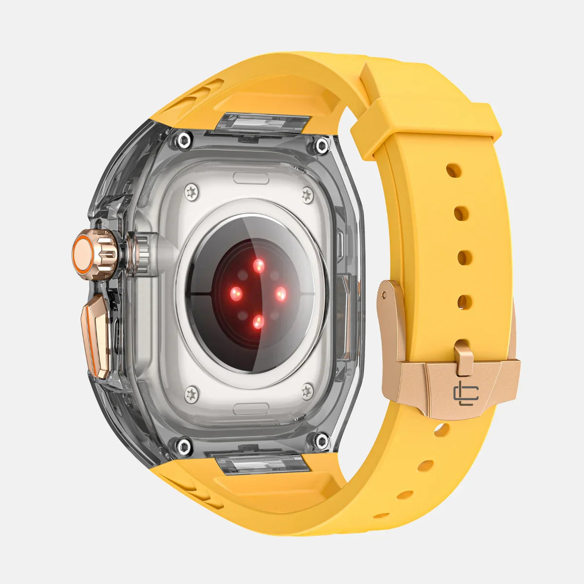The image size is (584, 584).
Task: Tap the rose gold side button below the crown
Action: pyautogui.click(x=99, y=336)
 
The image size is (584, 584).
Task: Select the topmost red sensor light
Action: pyautogui.click(x=259, y=265)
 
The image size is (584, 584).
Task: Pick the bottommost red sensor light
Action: pyautogui.click(x=259, y=321)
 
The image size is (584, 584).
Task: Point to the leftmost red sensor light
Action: pyautogui.click(x=237, y=293)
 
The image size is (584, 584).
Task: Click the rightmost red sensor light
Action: pyautogui.click(x=281, y=293)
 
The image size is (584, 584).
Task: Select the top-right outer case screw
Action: pyautogui.click(x=322, y=145)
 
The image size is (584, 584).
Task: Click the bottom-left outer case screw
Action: pyautogui.click(x=184, y=444)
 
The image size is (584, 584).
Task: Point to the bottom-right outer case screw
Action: pyautogui.click(x=322, y=441)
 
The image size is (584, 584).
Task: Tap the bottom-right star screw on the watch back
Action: pyautogui.click(x=308, y=390)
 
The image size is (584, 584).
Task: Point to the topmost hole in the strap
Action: pyautogui.click(x=453, y=170)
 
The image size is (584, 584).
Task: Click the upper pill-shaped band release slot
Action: pyautogui.click(x=251, y=178)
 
